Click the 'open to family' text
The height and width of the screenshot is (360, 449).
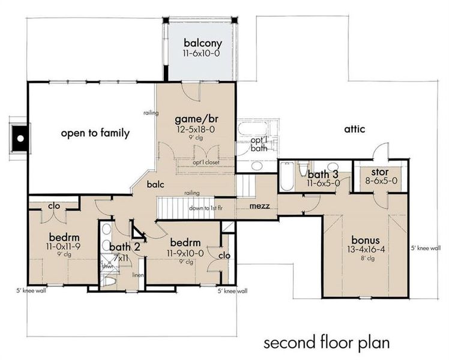coord(95,133)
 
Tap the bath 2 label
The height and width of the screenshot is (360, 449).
coord(124,247)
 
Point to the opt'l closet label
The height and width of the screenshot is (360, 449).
coord(205,162)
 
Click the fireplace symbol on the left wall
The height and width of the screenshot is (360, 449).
coord(20,138)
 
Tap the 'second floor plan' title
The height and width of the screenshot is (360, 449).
coord(327,343)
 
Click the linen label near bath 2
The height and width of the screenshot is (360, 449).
coord(137,275)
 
